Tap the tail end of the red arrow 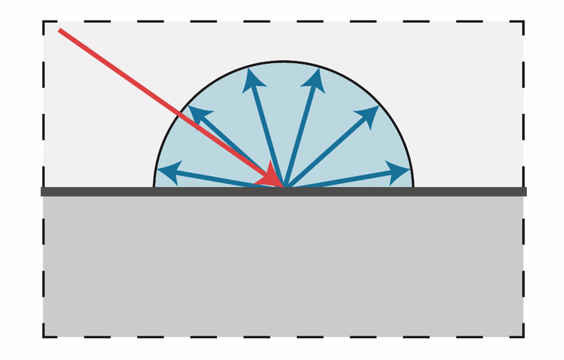coord(60,30)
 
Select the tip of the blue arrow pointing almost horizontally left coord(158,170)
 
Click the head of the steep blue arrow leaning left coord(249,71)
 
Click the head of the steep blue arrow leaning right coord(318,71)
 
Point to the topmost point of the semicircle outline coord(283,61)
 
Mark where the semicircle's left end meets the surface coord(154,186)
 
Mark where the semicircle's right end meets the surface coord(413,186)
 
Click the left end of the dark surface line coord(42,191)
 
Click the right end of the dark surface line coord(525,191)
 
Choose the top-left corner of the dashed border coord(43,22)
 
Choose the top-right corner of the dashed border coord(523,22)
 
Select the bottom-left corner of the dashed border coord(43,337)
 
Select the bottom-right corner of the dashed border coord(523,337)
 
